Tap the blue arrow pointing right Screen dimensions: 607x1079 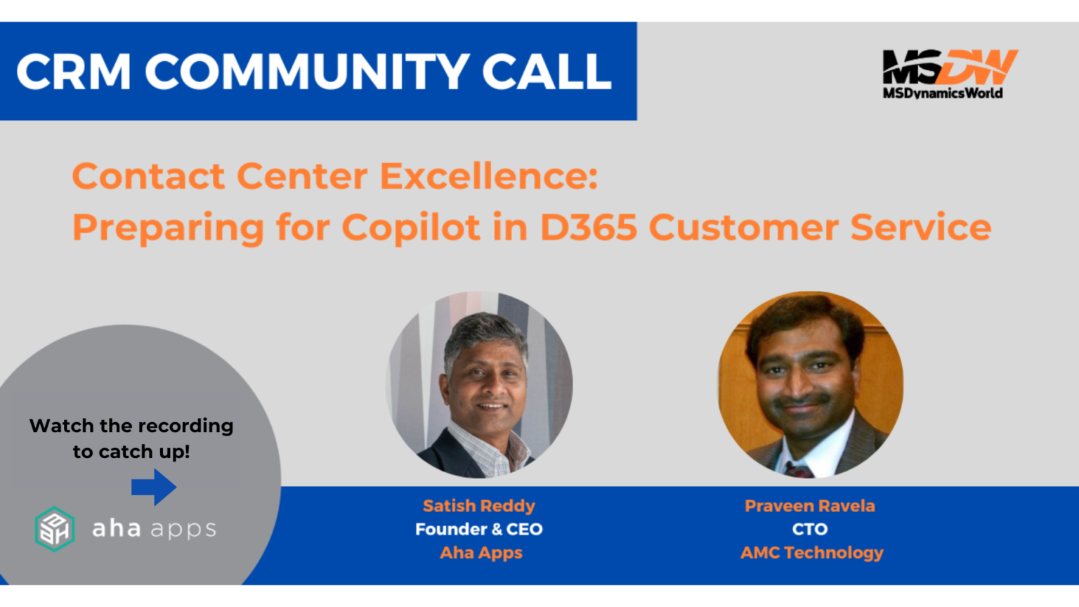pos(154,487)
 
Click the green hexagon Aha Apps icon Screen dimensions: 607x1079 pos(55,528)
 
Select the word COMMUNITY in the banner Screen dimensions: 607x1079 pos(307,72)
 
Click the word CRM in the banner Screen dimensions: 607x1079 pos(74,72)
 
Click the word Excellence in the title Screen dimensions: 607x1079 pos(489,176)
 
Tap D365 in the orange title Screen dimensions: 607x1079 pos(588,228)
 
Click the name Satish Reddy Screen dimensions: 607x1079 pos(479,506)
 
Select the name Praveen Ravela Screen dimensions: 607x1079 pos(810,506)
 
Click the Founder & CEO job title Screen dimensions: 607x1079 pos(479,529)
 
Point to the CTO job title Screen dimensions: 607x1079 pos(810,529)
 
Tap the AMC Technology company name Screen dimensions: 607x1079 pos(812,553)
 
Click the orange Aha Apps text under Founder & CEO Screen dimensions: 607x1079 pos(481,553)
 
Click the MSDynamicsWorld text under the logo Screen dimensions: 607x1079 pos(943,93)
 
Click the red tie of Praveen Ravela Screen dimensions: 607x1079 pos(799,469)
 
